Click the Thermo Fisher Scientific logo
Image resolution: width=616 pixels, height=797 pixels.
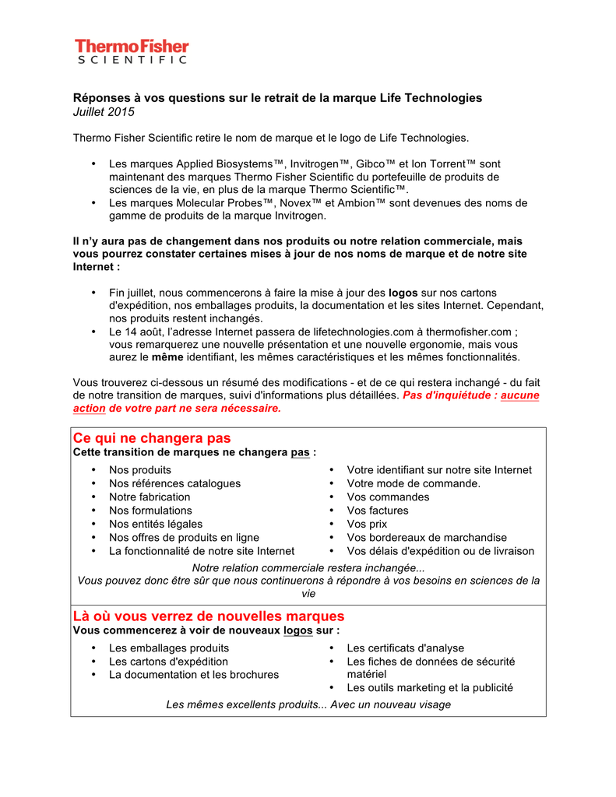click(x=132, y=51)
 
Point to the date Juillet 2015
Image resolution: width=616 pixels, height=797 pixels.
click(x=104, y=112)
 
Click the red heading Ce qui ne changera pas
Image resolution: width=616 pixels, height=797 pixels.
click(x=152, y=438)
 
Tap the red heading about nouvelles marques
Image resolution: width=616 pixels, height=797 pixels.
click(x=209, y=616)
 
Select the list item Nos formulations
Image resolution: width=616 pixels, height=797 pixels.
click(x=150, y=511)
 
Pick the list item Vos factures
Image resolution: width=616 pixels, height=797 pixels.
click(x=378, y=511)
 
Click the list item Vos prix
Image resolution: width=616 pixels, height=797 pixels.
click(x=367, y=525)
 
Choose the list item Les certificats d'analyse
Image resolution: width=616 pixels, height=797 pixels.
click(x=405, y=648)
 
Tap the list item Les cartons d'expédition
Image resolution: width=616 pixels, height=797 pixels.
click(x=168, y=662)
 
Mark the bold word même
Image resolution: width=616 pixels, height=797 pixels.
click(x=167, y=357)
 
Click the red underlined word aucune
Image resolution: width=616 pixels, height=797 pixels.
click(x=520, y=395)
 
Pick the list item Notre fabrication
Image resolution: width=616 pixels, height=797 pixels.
click(x=150, y=497)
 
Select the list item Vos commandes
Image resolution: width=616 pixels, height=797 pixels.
click(x=388, y=497)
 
